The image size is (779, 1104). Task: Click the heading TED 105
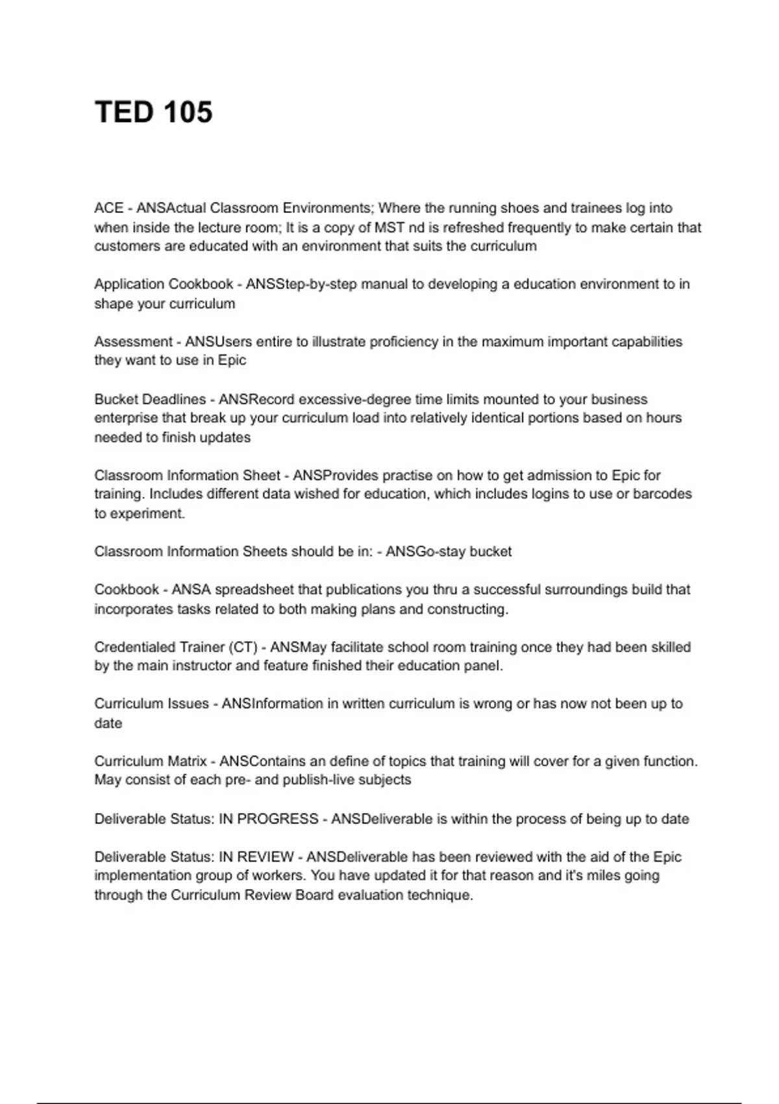click(x=154, y=112)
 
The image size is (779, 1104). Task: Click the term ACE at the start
click(x=108, y=208)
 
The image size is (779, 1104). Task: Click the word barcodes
click(x=662, y=494)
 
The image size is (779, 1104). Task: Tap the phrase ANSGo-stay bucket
click(x=449, y=551)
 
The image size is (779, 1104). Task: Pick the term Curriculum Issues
click(x=151, y=703)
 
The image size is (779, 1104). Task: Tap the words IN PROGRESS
click(x=269, y=819)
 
